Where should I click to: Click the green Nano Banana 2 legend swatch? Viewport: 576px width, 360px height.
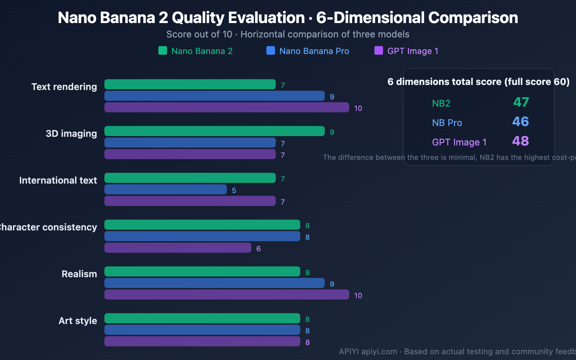[163, 50]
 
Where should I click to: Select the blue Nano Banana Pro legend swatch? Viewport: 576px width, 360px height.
[271, 50]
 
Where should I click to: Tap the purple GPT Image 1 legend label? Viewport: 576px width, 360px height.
[413, 51]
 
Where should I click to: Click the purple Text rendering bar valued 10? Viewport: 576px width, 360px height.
[227, 107]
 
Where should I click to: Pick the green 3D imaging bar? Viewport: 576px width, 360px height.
[215, 131]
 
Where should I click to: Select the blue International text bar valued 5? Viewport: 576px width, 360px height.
[166, 189]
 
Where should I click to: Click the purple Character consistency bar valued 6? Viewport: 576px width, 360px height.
[178, 248]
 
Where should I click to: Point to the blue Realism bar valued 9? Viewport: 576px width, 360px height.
[215, 283]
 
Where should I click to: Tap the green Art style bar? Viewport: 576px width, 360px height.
[202, 318]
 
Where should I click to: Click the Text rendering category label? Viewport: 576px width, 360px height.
[64, 87]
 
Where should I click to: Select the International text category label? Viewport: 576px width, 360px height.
[58, 180]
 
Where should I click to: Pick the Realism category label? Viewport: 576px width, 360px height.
[79, 274]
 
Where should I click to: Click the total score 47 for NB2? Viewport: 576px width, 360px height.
[521, 102]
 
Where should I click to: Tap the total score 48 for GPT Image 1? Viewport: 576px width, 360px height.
[521, 141]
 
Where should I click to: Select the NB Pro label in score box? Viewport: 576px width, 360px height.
[447, 123]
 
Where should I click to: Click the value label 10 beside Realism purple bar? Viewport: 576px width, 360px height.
[358, 296]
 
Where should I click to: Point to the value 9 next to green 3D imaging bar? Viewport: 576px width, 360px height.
[332, 132]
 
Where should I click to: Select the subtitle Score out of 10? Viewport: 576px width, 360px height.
[199, 34]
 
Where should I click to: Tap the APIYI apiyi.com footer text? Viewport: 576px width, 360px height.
[368, 351]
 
